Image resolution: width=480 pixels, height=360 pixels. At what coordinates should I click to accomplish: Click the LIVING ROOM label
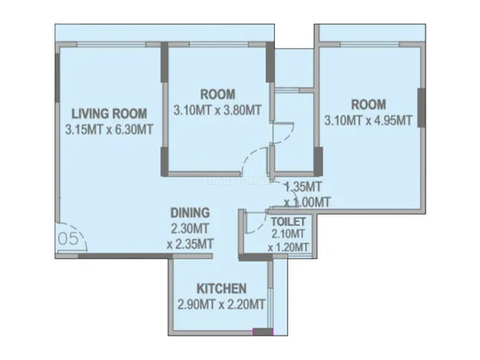tap(109, 113)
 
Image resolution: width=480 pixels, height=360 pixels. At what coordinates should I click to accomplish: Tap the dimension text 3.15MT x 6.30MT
tap(109, 129)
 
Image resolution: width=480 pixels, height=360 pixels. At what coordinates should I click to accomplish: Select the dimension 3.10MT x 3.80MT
tap(217, 110)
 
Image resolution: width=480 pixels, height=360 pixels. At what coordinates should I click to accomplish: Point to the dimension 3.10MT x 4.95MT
tap(368, 120)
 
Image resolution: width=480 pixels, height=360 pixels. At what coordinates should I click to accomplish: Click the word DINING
tap(190, 213)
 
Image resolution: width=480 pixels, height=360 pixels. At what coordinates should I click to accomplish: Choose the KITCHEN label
tap(221, 289)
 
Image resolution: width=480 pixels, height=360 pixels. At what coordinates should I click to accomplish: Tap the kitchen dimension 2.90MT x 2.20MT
tap(221, 305)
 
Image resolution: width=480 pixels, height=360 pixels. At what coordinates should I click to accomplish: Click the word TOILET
tap(289, 221)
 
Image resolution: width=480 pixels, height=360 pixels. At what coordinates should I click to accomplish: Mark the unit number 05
tap(68, 238)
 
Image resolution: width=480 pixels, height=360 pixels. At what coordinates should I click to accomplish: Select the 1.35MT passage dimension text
tap(303, 186)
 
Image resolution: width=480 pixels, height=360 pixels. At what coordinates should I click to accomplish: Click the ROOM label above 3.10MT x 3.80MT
tap(217, 94)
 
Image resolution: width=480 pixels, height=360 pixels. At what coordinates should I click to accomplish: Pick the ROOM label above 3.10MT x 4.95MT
tap(368, 104)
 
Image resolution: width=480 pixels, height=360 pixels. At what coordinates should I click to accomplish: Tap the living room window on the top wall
tap(111, 44)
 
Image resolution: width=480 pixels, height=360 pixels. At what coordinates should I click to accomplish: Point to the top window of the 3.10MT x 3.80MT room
tap(219, 44)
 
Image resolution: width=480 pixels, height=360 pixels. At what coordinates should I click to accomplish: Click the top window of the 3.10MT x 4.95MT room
tap(370, 44)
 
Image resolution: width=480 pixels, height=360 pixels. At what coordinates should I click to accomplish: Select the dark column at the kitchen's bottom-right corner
tap(263, 332)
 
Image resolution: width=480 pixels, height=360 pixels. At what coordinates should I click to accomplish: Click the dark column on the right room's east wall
tap(422, 107)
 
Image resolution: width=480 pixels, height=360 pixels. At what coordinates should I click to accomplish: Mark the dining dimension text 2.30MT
tap(190, 228)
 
